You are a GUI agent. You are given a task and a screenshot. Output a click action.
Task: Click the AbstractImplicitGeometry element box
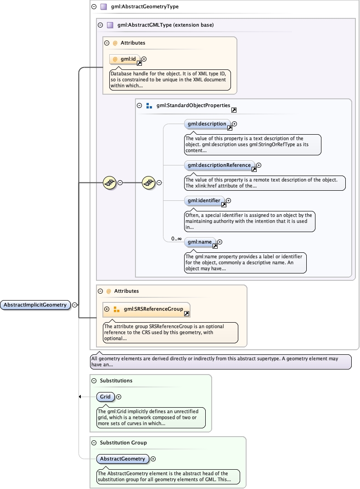35,305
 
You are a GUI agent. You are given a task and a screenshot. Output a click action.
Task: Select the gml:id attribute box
125,59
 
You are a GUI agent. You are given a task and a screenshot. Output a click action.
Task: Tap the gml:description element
207,124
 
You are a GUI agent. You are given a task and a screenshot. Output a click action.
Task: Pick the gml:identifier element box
204,201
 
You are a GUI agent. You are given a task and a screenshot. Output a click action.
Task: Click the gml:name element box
200,242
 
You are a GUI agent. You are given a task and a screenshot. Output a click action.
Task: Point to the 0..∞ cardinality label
176,239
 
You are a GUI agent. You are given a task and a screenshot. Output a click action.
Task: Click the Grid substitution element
106,397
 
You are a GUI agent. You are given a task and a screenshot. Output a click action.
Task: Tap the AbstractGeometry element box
123,459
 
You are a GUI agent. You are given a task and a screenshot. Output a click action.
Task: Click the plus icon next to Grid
118,397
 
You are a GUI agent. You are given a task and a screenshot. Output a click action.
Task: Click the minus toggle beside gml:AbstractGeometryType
94,7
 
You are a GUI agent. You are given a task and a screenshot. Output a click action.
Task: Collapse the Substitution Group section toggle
94,443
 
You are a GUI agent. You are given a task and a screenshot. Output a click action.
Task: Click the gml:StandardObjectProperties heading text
193,105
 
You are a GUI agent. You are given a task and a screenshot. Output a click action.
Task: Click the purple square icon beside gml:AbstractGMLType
110,25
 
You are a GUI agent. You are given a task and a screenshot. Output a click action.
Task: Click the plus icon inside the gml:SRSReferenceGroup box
107,309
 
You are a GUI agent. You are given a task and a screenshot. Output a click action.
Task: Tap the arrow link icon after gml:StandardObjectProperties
234,110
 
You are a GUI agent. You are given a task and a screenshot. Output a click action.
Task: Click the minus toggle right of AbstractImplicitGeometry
74,305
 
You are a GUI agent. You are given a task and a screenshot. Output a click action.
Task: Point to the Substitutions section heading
116,381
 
